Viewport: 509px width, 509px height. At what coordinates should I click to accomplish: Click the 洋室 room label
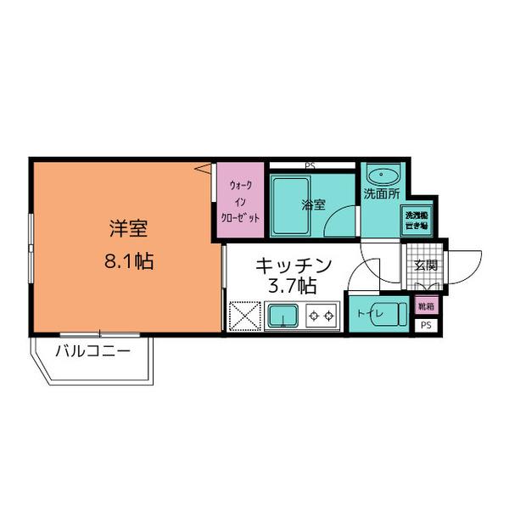129,229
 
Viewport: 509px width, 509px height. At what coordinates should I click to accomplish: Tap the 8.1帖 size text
129,260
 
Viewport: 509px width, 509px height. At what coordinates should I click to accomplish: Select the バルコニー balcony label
93,351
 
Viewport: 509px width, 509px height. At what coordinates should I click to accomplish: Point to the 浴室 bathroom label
314,204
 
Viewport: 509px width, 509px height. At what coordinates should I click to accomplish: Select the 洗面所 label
380,194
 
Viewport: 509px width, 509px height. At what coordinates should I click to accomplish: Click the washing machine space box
416,221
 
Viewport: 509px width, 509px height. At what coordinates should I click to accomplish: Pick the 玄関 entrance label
425,264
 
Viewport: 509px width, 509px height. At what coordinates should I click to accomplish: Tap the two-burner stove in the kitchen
321,316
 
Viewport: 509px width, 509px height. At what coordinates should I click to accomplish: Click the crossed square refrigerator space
244,316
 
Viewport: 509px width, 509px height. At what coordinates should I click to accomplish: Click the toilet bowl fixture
392,313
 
